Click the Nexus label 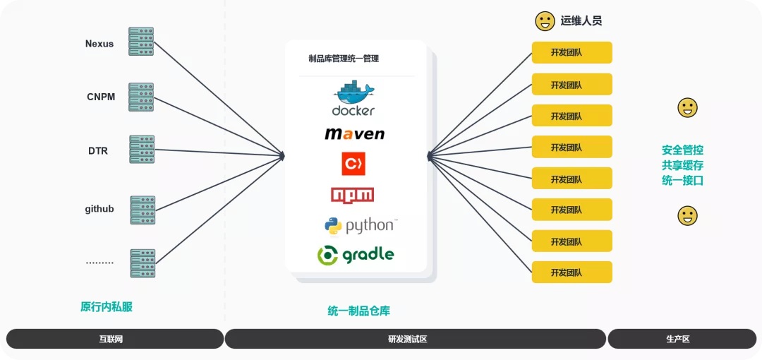[x=99, y=44]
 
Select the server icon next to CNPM [x=141, y=97]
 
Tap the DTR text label [x=98, y=150]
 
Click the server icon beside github [x=142, y=210]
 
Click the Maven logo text [x=355, y=133]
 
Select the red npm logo [x=353, y=195]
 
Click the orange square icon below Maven [x=353, y=164]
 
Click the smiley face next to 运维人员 [x=545, y=21]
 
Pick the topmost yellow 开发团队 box [x=571, y=53]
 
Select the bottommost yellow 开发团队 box [x=571, y=272]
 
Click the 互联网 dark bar [x=114, y=339]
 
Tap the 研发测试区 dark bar [x=415, y=339]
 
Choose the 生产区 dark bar [x=677, y=339]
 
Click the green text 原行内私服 [x=107, y=307]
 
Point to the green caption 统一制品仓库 [x=359, y=311]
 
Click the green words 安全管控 [x=682, y=150]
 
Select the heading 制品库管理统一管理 [x=344, y=59]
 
